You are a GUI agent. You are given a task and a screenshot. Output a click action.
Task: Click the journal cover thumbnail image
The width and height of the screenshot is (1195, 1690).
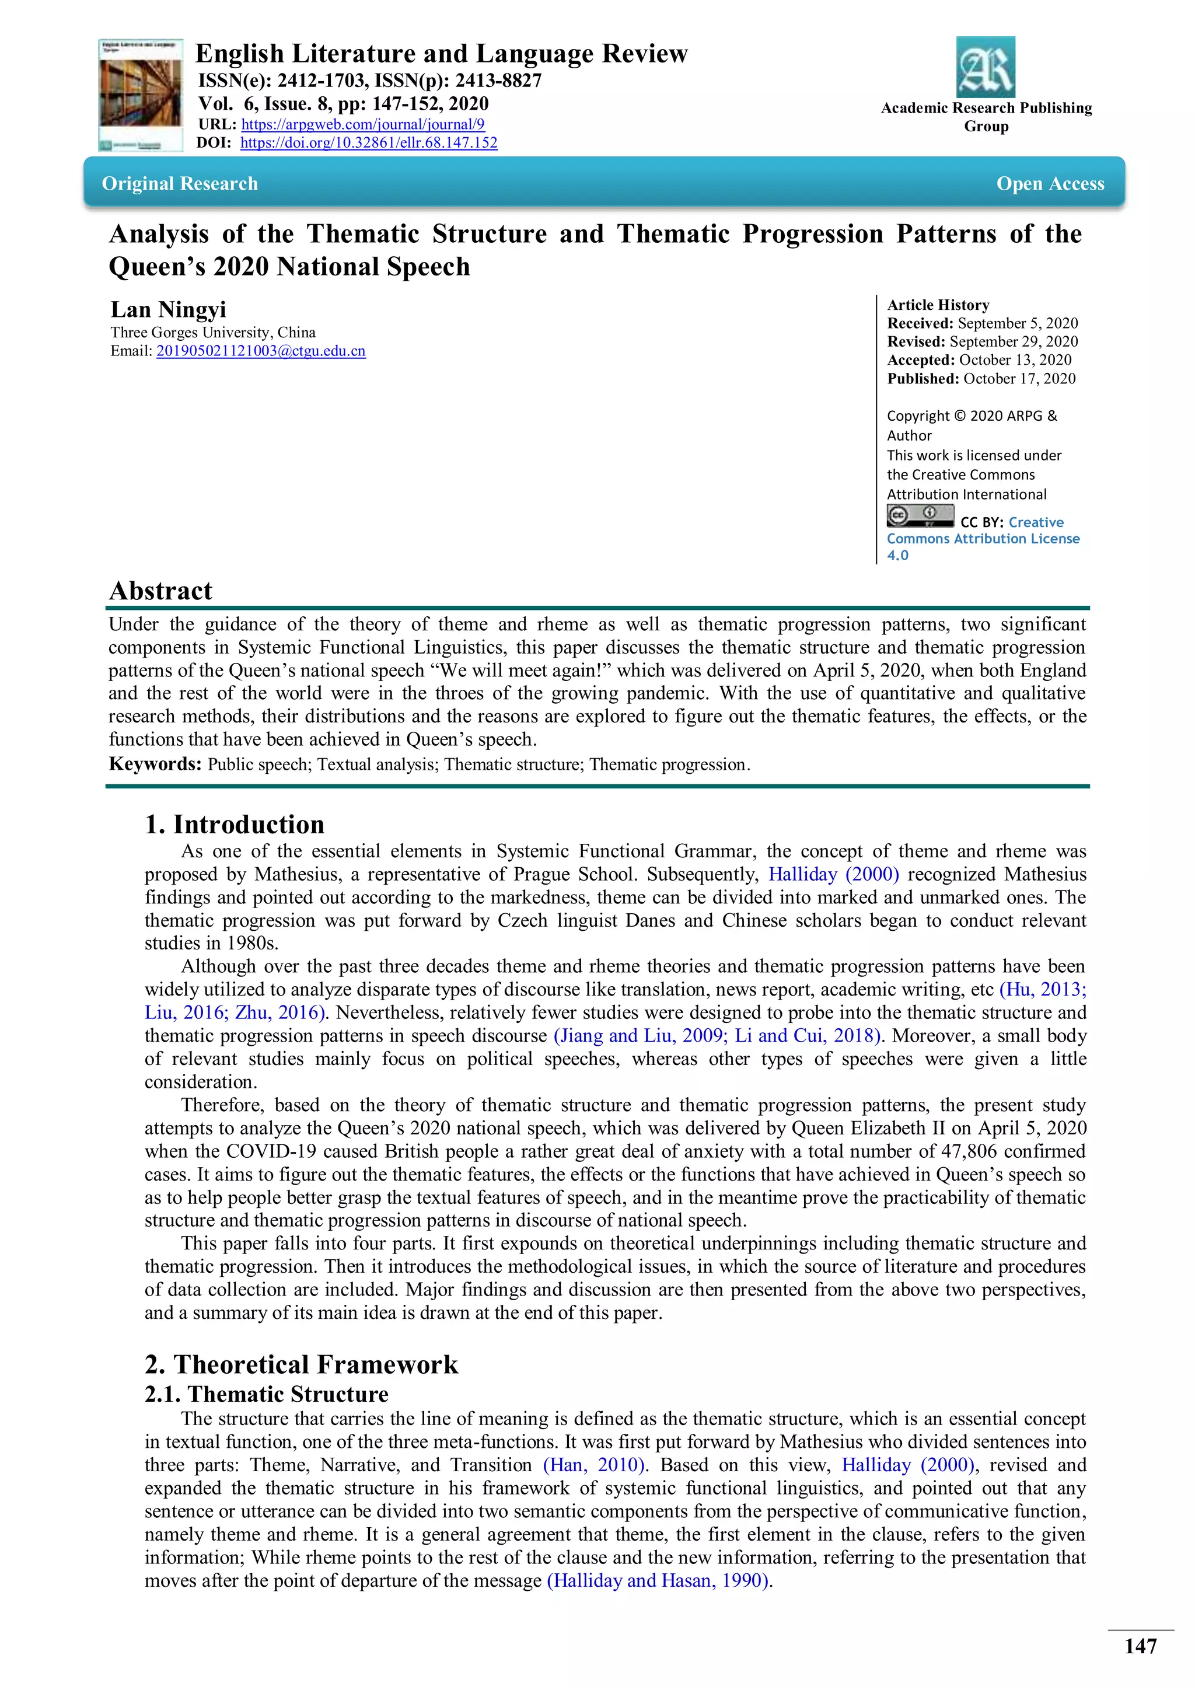click(x=141, y=96)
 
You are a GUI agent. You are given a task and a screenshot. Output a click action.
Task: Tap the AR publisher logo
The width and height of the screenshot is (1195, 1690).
click(x=986, y=68)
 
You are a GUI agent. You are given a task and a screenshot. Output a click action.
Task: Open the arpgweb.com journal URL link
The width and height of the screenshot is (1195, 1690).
click(x=363, y=124)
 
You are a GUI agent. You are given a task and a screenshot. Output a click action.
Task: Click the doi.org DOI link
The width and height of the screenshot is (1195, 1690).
click(x=369, y=143)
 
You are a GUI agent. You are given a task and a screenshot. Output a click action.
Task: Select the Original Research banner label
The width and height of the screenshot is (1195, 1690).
click(x=180, y=183)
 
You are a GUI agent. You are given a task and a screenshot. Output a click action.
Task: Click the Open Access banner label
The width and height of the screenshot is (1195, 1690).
click(x=1050, y=183)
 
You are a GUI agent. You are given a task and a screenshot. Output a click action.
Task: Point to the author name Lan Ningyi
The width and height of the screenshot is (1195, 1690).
click(x=169, y=309)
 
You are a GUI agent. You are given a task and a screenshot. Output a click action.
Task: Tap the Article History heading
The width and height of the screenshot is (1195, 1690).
click(x=938, y=305)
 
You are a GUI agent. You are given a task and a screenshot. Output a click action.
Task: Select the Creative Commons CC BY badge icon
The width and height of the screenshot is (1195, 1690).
click(x=920, y=516)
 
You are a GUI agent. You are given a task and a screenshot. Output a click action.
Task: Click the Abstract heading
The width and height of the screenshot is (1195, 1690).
click(x=160, y=591)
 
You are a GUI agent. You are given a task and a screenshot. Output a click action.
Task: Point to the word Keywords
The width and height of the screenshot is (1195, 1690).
click(x=155, y=763)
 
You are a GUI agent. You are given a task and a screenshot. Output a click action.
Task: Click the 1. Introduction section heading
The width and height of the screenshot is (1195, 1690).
click(x=234, y=823)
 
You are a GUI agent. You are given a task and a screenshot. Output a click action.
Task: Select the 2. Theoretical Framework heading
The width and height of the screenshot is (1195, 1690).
click(x=301, y=1364)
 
